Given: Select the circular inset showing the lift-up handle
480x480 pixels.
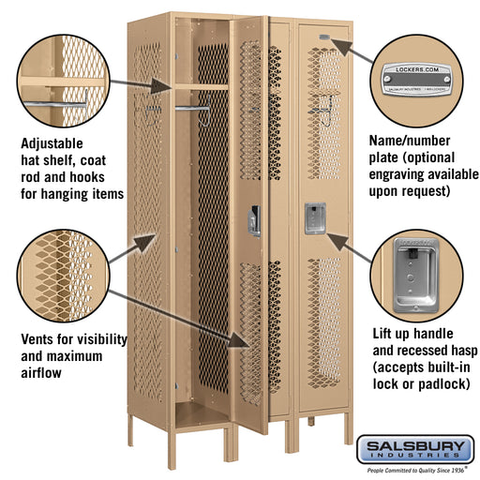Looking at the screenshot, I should (418, 275).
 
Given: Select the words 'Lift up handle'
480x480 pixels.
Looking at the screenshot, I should (413, 333).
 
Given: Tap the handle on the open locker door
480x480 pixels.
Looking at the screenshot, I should (254, 220).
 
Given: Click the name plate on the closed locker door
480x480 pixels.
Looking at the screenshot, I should (322, 39).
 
